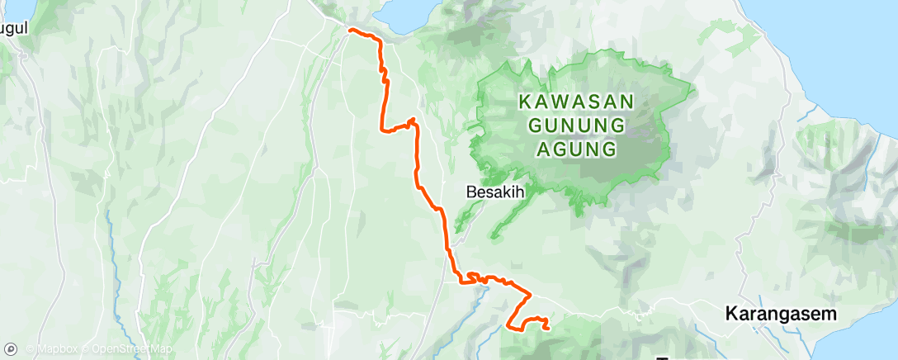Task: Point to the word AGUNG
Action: [576, 149]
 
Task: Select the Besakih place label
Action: [496, 192]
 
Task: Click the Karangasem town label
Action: [781, 314]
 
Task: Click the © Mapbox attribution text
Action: [56, 350]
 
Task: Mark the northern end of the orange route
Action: [350, 30]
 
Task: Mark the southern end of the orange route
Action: [548, 328]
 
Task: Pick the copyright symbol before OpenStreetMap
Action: [96, 350]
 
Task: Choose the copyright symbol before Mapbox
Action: [31, 350]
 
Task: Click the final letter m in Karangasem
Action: [829, 314]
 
